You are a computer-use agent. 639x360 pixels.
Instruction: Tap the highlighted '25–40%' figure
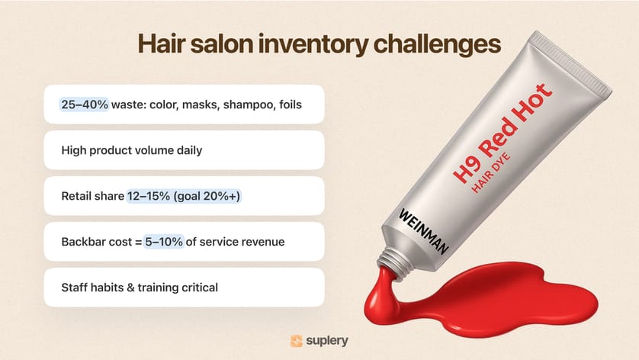point(85,104)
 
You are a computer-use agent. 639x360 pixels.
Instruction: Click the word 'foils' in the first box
point(291,104)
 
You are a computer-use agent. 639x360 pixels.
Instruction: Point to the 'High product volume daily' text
point(132,150)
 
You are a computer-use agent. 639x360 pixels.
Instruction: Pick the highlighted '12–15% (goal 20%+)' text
point(183,196)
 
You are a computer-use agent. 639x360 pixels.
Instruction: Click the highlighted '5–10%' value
point(164,242)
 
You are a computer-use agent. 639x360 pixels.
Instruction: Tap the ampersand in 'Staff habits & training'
point(130,288)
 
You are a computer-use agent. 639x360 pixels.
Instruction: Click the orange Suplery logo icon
point(297,341)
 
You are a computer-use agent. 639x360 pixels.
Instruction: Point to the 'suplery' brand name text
point(327,341)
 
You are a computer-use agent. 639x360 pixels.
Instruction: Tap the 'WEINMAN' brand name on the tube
point(423,231)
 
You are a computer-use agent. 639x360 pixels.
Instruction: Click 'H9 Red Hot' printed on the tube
point(503,133)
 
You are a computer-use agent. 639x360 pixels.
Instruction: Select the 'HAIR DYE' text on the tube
point(490,172)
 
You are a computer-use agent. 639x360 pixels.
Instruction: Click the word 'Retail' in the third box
point(76,196)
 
